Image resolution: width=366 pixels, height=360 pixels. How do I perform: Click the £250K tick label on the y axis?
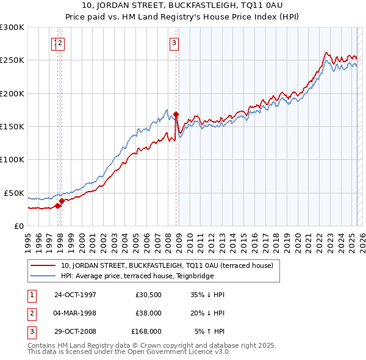click(x=12, y=60)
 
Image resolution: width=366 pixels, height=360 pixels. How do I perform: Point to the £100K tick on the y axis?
click(x=12, y=160)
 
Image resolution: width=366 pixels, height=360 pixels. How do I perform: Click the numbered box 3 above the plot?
click(x=174, y=43)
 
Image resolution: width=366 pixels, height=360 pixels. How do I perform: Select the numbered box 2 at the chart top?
click(x=62, y=43)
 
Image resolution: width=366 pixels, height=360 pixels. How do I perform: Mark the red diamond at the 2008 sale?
click(x=176, y=114)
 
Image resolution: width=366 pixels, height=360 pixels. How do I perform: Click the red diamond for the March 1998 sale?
click(x=62, y=201)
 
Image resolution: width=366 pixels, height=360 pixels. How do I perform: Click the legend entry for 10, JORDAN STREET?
click(x=170, y=265)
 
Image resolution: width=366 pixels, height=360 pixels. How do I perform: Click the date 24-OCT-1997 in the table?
click(x=75, y=295)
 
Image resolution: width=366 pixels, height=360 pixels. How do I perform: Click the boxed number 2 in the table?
click(x=31, y=313)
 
